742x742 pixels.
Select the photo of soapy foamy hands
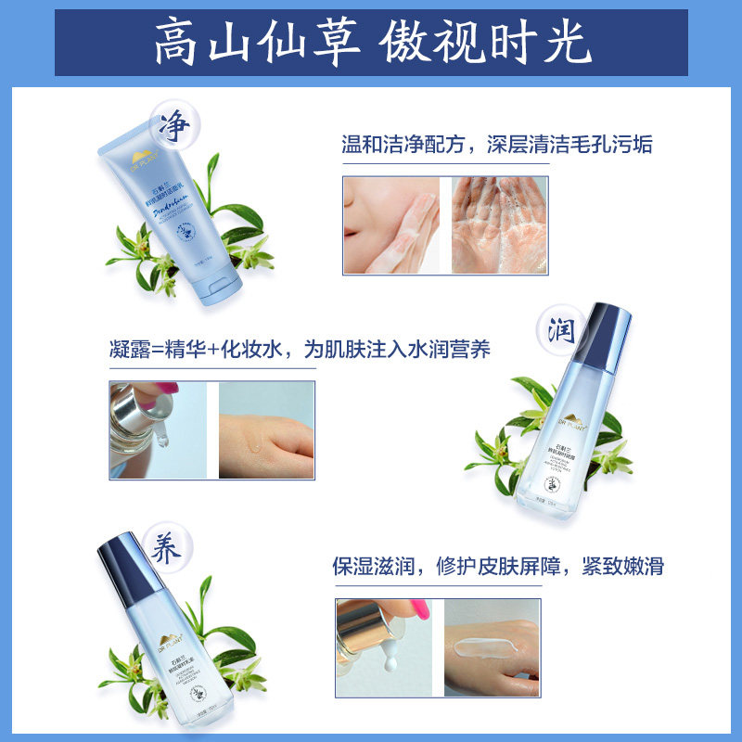pyautogui.click(x=505, y=225)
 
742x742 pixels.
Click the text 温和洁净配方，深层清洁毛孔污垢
pyautogui.click(x=497, y=145)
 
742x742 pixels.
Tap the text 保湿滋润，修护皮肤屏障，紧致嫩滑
pyautogui.click(x=498, y=567)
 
